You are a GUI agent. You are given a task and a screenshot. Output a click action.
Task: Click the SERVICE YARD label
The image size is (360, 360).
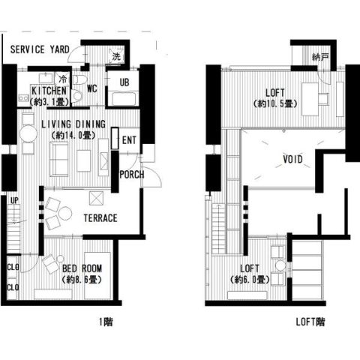(40, 49)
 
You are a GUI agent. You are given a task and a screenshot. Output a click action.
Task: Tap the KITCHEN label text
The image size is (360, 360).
(49, 91)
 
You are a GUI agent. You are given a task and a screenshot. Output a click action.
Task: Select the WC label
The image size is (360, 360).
(91, 88)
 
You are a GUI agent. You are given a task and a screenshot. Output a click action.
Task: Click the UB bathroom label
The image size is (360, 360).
(124, 82)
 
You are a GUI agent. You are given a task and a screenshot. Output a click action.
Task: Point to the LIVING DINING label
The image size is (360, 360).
(73, 124)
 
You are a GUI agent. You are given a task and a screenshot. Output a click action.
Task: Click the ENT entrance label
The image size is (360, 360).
(129, 140)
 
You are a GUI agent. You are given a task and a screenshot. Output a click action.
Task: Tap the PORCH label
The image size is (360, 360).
(132, 175)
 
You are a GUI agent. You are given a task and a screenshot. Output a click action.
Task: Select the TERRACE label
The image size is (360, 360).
(100, 218)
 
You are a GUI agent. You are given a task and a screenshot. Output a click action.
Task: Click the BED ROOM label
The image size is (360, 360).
(82, 268)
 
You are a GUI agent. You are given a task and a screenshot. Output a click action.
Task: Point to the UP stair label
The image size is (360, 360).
(14, 200)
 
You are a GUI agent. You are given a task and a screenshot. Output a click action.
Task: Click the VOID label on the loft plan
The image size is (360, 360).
(292, 159)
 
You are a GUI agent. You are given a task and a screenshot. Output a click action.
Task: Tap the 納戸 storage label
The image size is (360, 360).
(320, 57)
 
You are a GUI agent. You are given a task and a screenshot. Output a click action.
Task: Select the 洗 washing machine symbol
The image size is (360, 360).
(116, 56)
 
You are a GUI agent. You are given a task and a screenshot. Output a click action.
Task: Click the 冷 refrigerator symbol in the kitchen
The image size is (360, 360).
(63, 79)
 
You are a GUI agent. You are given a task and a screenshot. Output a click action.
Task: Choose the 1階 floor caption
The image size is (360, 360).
(106, 322)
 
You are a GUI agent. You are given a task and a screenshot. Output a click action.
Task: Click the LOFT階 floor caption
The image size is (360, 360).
(310, 322)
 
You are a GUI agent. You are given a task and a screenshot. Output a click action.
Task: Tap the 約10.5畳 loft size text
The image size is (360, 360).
(275, 103)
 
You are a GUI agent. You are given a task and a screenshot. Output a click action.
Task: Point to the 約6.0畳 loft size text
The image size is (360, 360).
(250, 280)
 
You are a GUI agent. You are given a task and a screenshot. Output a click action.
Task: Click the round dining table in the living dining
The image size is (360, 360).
(28, 133)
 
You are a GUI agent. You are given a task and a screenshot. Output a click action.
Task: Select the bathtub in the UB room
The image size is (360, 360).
(124, 99)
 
